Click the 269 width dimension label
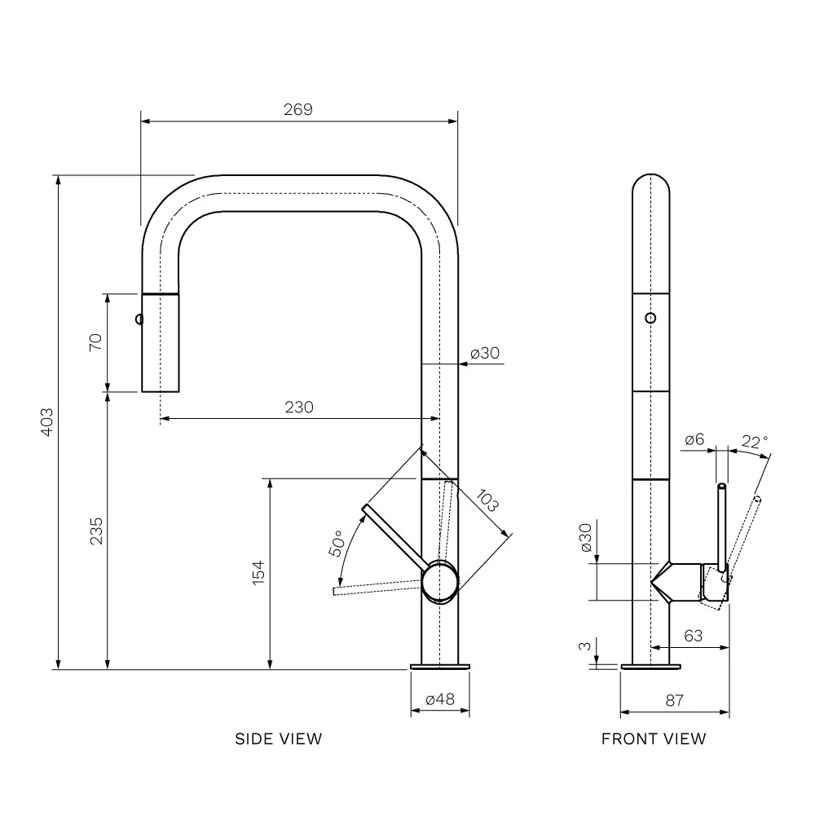point(297,110)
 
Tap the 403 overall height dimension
point(46,422)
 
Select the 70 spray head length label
point(95,342)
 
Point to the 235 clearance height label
point(96,531)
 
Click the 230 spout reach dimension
point(299,407)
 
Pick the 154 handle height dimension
point(258,573)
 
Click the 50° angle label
point(337,543)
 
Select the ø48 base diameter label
point(440,699)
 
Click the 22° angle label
point(755,442)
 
